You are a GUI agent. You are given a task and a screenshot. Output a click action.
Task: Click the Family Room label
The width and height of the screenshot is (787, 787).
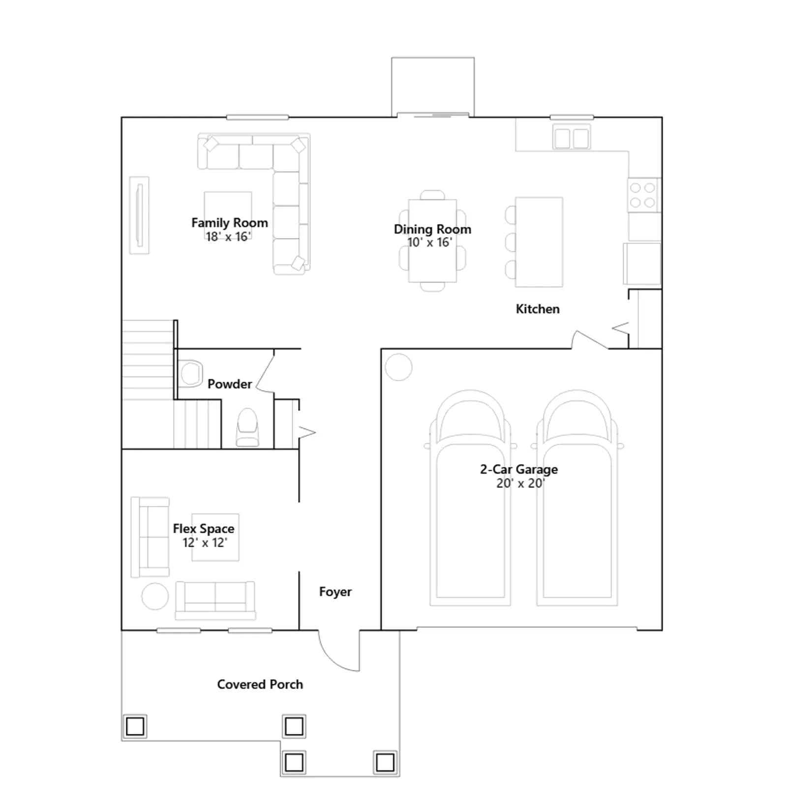coord(230,223)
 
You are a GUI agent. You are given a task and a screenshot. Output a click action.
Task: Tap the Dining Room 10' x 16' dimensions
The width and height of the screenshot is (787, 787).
coord(430,242)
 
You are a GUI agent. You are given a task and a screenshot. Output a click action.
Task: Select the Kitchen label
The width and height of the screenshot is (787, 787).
coord(538,309)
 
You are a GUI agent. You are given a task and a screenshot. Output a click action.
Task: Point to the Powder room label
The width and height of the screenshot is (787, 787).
coord(230,384)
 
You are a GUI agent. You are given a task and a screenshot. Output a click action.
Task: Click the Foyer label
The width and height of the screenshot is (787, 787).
coord(335,592)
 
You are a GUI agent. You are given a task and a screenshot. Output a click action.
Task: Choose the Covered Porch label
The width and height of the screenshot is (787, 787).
coord(260,684)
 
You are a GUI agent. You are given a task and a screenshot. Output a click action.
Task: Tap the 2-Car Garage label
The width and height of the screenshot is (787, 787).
coord(519,469)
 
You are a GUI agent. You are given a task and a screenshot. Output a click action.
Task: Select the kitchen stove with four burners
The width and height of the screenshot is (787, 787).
coord(643,195)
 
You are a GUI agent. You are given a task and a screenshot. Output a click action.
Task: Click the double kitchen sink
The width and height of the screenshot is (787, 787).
coord(571,137)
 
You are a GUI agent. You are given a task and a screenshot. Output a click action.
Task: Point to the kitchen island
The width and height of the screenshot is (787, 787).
coord(539,242)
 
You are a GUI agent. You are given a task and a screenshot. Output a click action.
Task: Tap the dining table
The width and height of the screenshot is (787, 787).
coord(432,241)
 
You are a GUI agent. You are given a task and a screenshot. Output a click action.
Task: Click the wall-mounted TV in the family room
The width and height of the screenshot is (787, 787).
coord(139,215)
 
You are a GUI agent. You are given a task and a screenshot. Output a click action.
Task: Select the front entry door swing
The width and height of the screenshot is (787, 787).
coord(339,651)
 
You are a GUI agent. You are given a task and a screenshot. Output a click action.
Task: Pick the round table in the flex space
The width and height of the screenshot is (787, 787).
coord(155,596)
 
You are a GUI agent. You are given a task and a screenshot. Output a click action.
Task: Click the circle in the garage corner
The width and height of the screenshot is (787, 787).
coord(398,367)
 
